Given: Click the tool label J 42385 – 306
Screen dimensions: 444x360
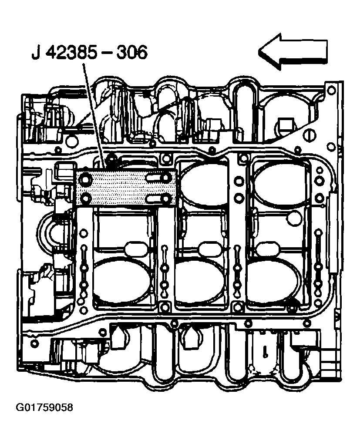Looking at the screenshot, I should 90,53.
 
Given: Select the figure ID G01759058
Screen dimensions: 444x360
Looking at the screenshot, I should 44,408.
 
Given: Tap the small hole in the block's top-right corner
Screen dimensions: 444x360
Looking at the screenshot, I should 331,90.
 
